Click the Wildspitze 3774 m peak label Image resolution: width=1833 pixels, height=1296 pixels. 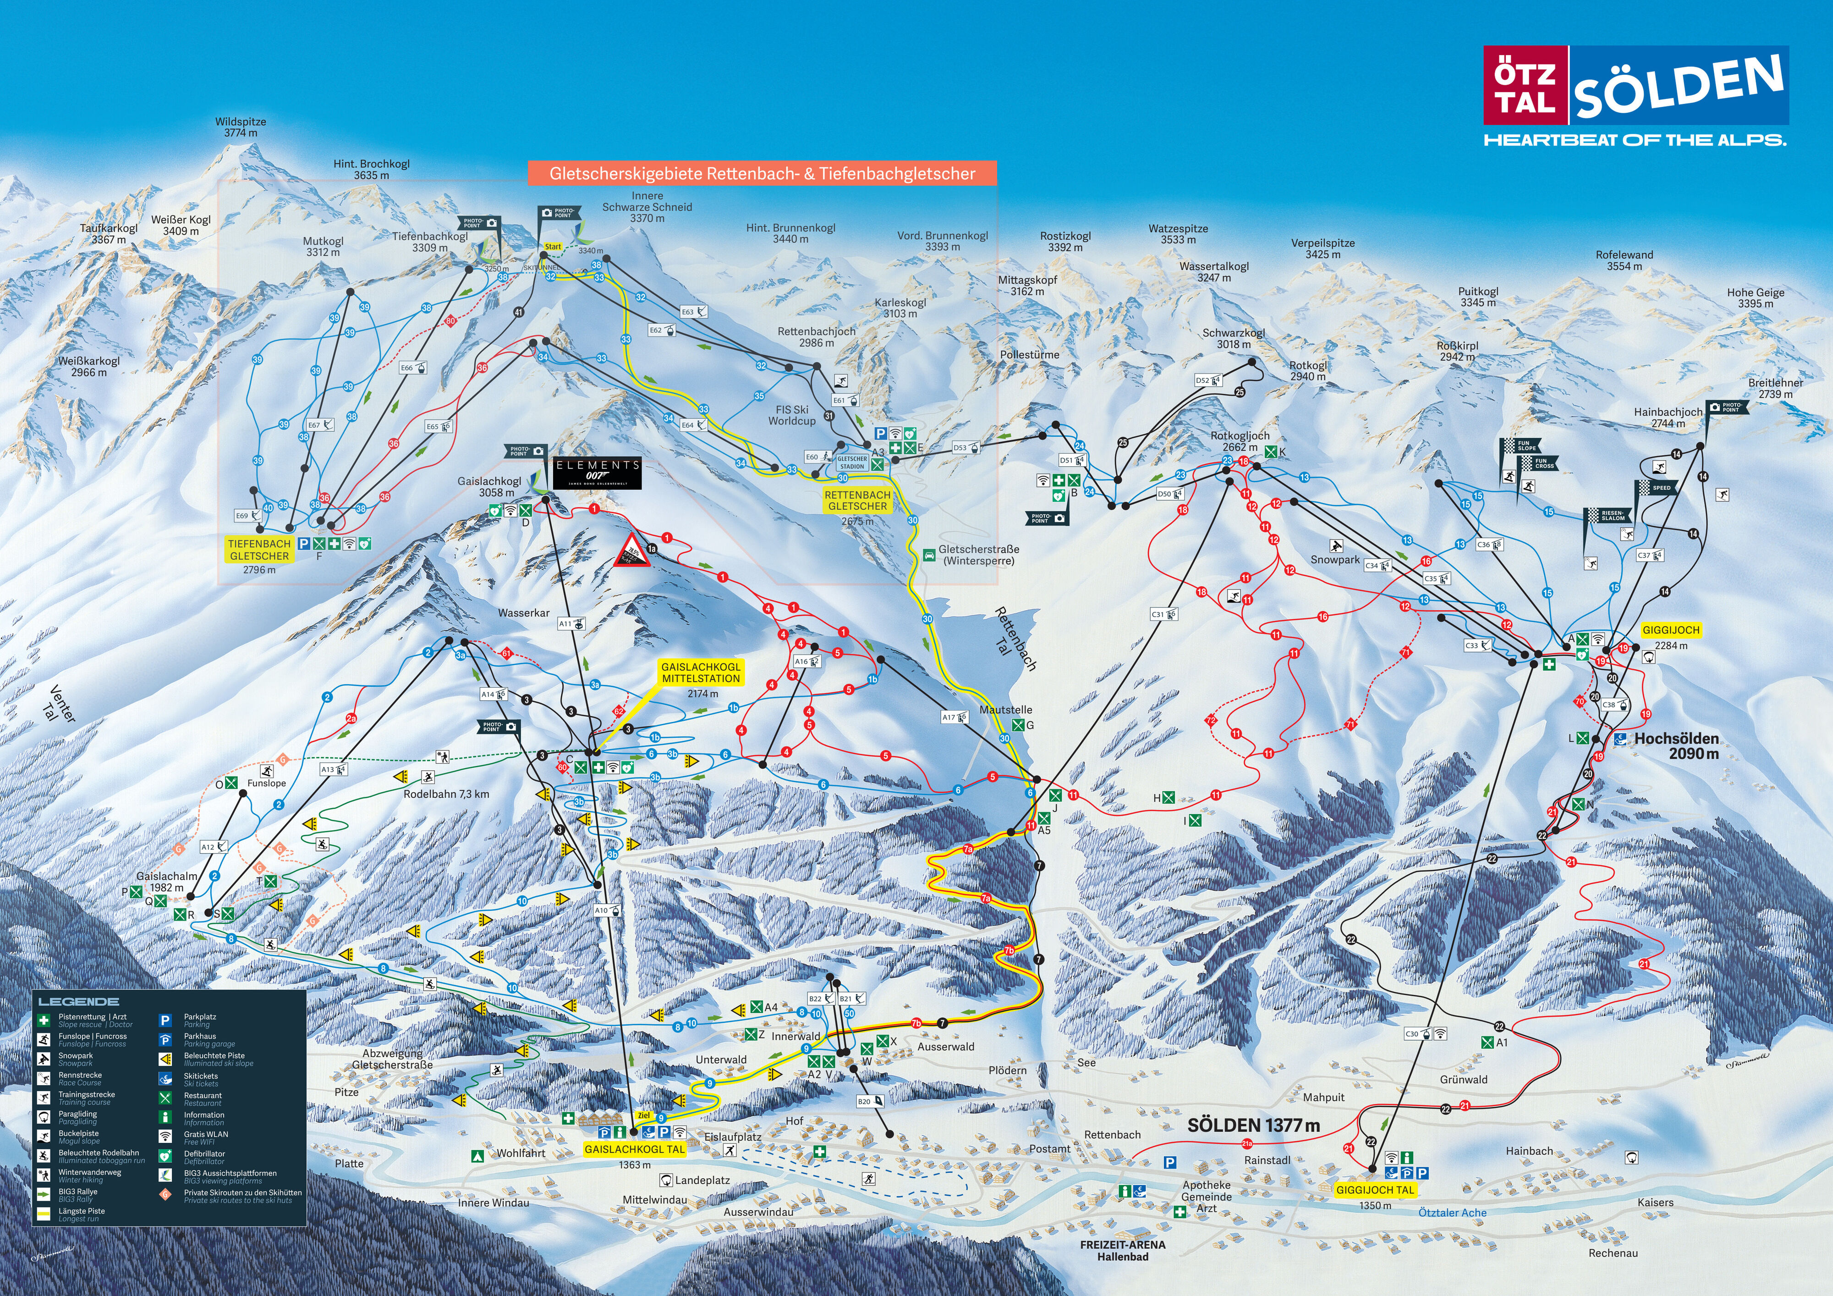point(240,127)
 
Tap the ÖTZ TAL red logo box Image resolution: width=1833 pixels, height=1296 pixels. point(1525,85)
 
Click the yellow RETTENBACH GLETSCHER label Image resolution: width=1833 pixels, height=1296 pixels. point(857,501)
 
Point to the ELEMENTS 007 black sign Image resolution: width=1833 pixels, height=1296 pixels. point(597,471)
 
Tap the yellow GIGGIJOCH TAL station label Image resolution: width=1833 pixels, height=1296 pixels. point(1375,1190)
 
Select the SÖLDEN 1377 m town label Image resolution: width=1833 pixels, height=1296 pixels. point(1253,1125)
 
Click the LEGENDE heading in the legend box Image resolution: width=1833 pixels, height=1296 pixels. point(78,1001)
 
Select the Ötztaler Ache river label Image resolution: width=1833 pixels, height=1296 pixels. point(1452,1212)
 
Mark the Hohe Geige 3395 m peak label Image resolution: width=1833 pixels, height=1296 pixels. point(1756,298)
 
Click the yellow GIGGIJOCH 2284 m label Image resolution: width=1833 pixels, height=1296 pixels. point(1671,630)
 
